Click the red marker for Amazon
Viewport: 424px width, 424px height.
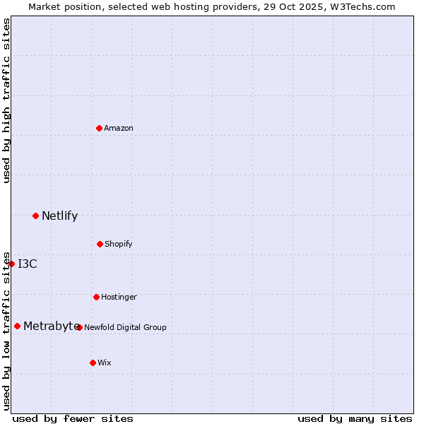click(x=99, y=128)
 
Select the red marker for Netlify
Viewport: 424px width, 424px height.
click(x=35, y=216)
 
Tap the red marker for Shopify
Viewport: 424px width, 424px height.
click(x=100, y=244)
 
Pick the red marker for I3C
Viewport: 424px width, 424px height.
click(x=11, y=264)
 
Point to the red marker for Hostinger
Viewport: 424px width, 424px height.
click(x=96, y=297)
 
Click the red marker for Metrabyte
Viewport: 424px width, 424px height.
click(x=17, y=326)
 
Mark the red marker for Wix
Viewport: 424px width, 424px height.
click(x=93, y=363)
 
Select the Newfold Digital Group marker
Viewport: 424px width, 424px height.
click(x=79, y=327)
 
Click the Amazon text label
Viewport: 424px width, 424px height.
click(x=119, y=128)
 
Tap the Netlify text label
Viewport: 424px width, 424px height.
click(x=59, y=216)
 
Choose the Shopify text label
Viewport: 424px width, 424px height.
click(x=119, y=244)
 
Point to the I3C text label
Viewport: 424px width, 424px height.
click(x=28, y=264)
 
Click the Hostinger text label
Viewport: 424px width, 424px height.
click(x=119, y=297)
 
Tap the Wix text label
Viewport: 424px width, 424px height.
click(x=105, y=363)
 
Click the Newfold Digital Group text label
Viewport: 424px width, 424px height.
click(x=126, y=327)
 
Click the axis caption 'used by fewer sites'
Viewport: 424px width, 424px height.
click(x=73, y=418)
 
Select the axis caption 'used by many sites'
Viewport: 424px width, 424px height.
click(x=355, y=418)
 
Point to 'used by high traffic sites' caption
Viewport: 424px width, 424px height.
click(x=6, y=100)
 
